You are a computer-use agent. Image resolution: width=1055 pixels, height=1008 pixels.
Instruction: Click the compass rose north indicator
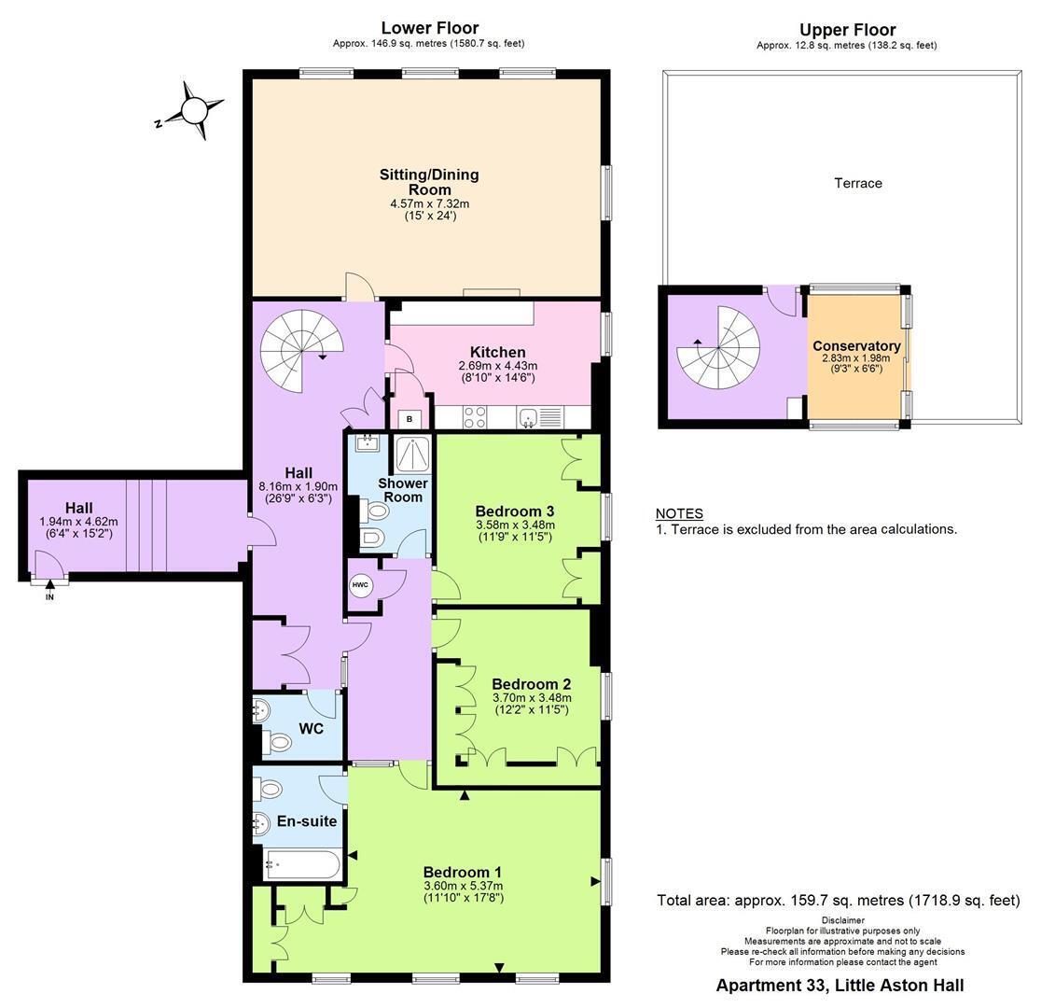pos(194,110)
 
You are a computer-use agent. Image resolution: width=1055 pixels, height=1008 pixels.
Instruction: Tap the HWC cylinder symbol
pos(360,585)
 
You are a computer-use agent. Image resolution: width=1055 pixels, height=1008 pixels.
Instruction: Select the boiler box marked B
pos(410,419)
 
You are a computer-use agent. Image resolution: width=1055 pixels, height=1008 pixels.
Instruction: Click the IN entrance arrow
pos(49,589)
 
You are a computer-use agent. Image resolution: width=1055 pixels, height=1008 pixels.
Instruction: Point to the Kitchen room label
pos(498,352)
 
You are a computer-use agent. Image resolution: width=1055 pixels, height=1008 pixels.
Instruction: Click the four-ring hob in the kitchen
pos(475,417)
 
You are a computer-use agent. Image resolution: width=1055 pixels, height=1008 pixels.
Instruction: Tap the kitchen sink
pos(530,417)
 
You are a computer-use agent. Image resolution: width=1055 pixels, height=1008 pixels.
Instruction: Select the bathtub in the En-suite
pos(303,864)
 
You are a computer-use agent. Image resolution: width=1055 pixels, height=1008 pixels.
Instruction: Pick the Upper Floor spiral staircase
pos(718,347)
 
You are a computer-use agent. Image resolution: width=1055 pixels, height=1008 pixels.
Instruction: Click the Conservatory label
pos(856,346)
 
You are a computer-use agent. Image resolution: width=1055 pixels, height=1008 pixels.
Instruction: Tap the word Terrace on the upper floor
pos(858,183)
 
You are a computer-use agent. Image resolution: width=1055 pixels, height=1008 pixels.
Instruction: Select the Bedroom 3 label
pos(515,511)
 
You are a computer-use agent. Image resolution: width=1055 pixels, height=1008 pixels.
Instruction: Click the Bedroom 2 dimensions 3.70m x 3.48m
pos(532,698)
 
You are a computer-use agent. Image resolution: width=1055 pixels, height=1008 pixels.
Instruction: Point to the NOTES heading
pos(680,513)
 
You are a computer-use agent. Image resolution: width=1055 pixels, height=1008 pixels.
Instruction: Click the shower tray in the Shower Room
pos(411,455)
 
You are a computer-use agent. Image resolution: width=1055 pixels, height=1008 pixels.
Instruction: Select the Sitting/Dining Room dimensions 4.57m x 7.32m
pos(430,204)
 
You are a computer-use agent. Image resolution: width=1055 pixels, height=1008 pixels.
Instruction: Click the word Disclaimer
pos(842,920)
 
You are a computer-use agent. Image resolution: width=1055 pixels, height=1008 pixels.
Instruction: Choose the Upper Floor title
pos(848,30)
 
